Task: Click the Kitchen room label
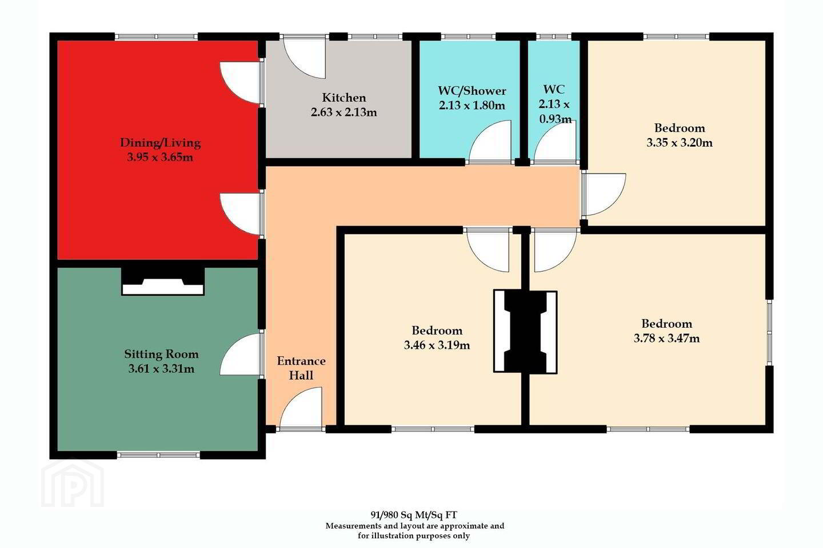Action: pyautogui.click(x=344, y=98)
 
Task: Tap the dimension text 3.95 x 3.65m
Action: pyautogui.click(x=160, y=158)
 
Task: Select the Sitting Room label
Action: pyautogui.click(x=161, y=354)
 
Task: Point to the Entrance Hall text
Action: pyautogui.click(x=301, y=368)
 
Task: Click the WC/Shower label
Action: pyautogui.click(x=472, y=91)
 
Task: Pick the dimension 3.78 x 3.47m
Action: pyautogui.click(x=666, y=338)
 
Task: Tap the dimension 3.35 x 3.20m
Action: pyautogui.click(x=680, y=142)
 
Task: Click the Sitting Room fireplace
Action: pyautogui.click(x=163, y=281)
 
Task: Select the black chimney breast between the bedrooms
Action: pyautogui.click(x=525, y=332)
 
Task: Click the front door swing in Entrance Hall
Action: pyautogui.click(x=301, y=408)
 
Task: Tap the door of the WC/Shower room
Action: pyautogui.click(x=490, y=142)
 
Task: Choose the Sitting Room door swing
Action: pyautogui.click(x=241, y=354)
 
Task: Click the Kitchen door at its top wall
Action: pyautogui.click(x=305, y=59)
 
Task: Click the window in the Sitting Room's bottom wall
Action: pyautogui.click(x=158, y=455)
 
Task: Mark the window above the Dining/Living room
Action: pyautogui.click(x=157, y=37)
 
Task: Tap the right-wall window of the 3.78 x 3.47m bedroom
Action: pyautogui.click(x=770, y=333)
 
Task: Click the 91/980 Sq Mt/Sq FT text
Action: pyautogui.click(x=414, y=515)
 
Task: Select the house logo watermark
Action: pyautogui.click(x=73, y=483)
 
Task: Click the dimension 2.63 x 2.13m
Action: pyautogui.click(x=344, y=112)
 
